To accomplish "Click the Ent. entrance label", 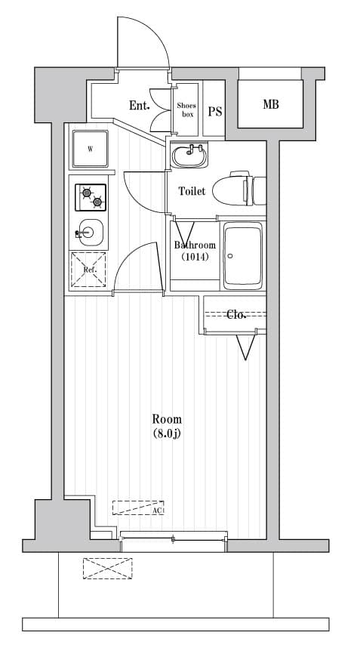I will pos(139,106).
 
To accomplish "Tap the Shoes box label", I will pos(186,110).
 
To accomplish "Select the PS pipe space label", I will pos(215,112).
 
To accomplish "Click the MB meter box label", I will pos(271,104).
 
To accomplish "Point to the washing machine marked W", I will pos(91,149).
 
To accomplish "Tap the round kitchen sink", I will pos(89,232).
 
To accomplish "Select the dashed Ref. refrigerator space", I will pos(88,270).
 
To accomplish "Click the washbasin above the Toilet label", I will pos(189,156).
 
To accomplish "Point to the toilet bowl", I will pos(235,190).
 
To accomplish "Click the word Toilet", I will pos(191,192).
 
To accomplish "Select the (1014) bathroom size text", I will pos(195,257).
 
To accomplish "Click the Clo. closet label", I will pos(237,314).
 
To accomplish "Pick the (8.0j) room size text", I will pos(167,433).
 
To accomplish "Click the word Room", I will pos(167,419).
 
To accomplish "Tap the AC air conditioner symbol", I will pos(139,508).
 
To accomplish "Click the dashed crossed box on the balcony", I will pos(107,569).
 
